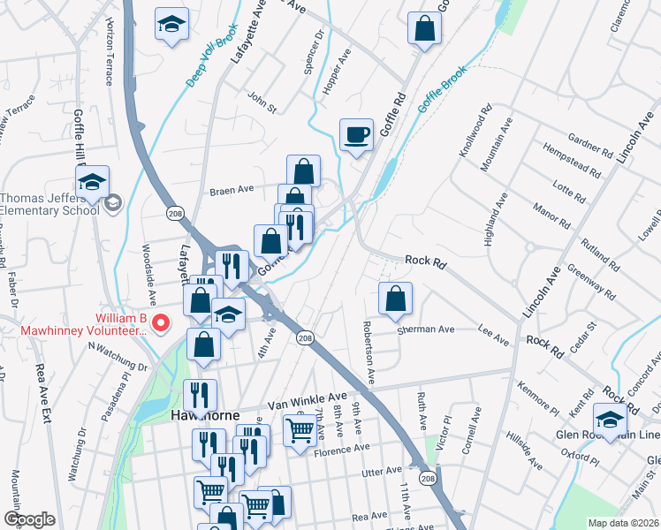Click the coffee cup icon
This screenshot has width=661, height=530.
click(356, 135)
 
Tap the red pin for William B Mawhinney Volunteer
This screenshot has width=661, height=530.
click(161, 323)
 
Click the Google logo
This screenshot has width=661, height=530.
click(29, 519)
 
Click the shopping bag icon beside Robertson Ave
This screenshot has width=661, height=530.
click(395, 300)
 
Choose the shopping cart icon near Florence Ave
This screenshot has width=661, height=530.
click(300, 431)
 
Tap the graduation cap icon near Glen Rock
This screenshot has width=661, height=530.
click(610, 419)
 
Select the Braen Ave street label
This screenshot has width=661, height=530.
click(232, 189)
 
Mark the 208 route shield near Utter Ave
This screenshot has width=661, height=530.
click(429, 479)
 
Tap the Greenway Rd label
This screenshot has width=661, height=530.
click(591, 276)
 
